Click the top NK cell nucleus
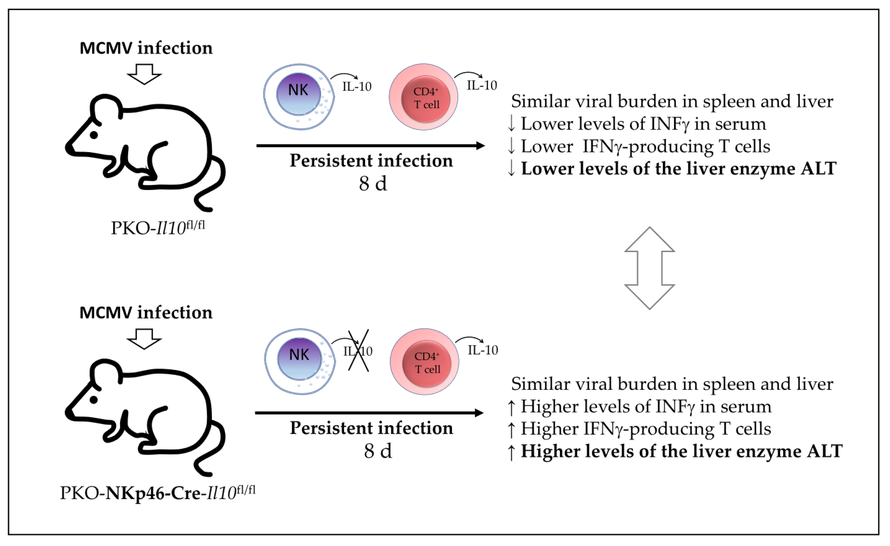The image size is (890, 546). [x=298, y=94]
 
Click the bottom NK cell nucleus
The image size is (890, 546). [x=300, y=359]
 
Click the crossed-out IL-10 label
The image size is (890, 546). [x=358, y=351]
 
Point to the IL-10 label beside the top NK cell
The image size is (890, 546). [x=357, y=87]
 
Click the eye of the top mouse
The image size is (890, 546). [x=94, y=135]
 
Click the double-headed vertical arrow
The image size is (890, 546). [x=649, y=268]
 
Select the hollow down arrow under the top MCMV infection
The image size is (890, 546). [x=144, y=74]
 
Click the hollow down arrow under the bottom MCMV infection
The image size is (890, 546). [x=144, y=339]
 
